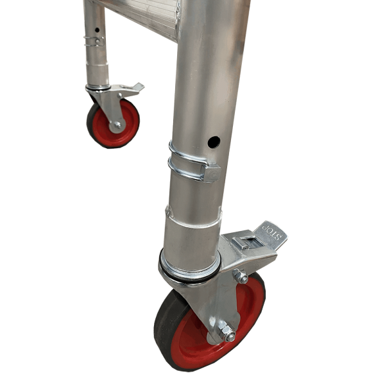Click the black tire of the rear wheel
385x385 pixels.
pos(92,122)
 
